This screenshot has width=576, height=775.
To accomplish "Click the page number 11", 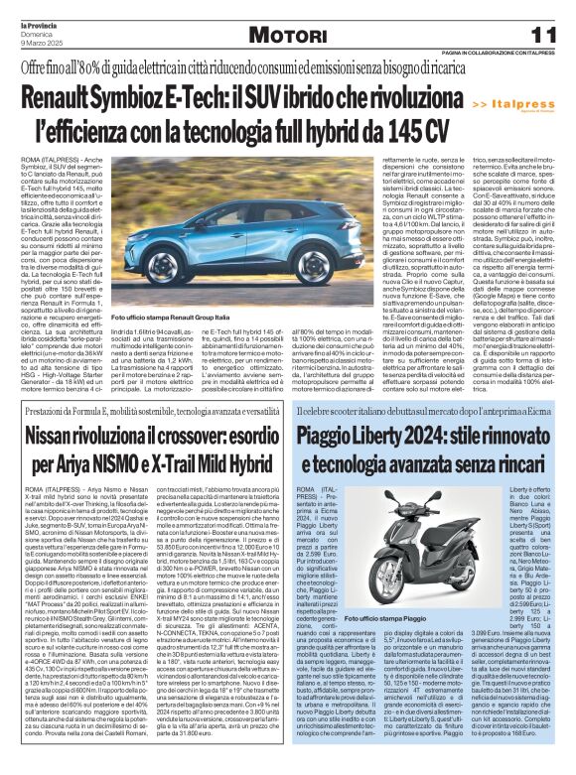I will click(x=548, y=34).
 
